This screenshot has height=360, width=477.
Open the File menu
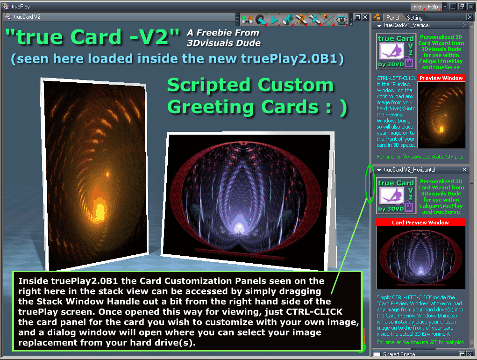(417, 7)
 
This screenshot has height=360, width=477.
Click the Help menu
(433, 7)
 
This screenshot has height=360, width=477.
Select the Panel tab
(392, 18)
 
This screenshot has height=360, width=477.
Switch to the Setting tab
(415, 18)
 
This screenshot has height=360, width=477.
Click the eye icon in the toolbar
(342, 20)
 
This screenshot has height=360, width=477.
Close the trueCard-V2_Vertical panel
(464, 25)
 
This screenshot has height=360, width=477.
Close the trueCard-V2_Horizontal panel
(464, 170)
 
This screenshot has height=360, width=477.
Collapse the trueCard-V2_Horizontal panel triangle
(379, 170)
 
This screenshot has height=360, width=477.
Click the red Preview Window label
(441, 78)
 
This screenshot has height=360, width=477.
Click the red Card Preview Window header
(420, 223)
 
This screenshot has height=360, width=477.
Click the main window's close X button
(470, 7)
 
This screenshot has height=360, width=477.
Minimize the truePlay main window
(453, 7)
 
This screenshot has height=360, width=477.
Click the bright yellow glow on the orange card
(100, 210)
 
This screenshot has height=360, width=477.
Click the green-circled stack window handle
(370, 184)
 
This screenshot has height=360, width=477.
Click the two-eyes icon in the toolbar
(247, 20)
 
